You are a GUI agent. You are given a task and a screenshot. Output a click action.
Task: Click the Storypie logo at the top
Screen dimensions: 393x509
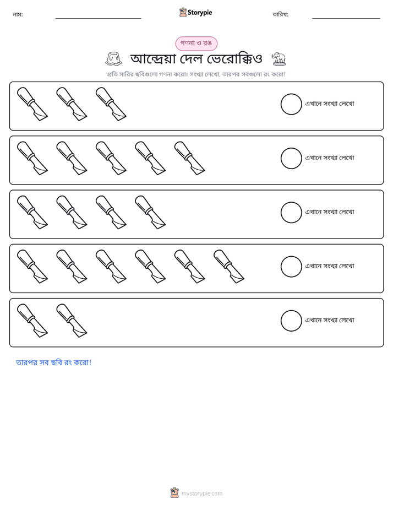(195, 12)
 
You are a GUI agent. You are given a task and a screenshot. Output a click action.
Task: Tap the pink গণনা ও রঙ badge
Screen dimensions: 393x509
(196, 44)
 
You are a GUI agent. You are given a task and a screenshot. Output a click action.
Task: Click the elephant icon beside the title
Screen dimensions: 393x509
(279, 58)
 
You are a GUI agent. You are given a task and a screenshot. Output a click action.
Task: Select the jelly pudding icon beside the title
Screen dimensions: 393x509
(113, 58)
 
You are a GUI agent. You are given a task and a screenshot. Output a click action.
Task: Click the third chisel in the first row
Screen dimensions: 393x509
(111, 104)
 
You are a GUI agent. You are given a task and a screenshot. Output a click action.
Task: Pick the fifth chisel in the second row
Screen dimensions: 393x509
(189, 158)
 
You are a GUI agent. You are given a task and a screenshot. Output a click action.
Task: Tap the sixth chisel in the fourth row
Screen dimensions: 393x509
(228, 266)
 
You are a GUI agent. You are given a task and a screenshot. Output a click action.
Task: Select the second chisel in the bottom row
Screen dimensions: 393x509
(72, 321)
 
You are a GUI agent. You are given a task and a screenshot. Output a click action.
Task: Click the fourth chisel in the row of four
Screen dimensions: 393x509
(150, 212)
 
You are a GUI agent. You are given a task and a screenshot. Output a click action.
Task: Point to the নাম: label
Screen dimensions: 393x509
(18, 14)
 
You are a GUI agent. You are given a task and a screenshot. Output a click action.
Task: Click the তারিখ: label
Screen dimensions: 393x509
(281, 14)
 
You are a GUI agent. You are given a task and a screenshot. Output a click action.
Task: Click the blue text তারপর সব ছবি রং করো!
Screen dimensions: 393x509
(54, 362)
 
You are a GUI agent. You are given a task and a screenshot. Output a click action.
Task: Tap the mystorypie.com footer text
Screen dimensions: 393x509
(201, 494)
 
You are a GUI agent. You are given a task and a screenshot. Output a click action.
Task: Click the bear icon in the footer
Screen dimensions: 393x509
(174, 493)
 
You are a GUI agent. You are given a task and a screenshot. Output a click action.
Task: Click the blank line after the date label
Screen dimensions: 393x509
(346, 18)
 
